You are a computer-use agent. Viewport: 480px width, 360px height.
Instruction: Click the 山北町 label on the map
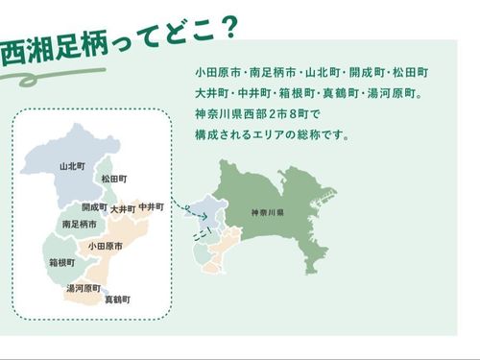tap(72, 166)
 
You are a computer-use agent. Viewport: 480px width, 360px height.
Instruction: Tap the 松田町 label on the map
tap(114, 179)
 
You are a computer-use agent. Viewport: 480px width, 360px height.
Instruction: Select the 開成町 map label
tap(94, 207)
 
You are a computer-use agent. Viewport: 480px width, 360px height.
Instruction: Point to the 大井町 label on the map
tap(123, 209)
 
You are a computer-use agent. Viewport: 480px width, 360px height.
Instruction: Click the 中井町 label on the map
tap(152, 207)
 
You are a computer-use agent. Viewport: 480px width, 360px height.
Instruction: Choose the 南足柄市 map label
tap(80, 224)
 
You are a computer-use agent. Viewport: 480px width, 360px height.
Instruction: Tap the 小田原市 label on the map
tap(106, 246)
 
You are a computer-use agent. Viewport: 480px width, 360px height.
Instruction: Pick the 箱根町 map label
tap(62, 263)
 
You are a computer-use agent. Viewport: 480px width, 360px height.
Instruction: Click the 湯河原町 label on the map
tap(84, 288)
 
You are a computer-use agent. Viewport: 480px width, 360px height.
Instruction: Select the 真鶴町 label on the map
tap(118, 300)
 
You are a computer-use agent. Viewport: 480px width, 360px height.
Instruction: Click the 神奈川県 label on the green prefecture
tap(268, 212)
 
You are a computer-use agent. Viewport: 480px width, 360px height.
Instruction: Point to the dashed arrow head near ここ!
tap(205, 217)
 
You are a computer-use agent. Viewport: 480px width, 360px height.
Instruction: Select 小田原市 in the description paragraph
tap(218, 72)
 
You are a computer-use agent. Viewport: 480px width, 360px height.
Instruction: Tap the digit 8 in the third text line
tap(293, 114)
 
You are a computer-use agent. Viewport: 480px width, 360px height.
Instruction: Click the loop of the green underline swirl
tap(29, 80)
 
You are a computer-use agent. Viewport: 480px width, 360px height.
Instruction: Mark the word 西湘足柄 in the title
tap(55, 51)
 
